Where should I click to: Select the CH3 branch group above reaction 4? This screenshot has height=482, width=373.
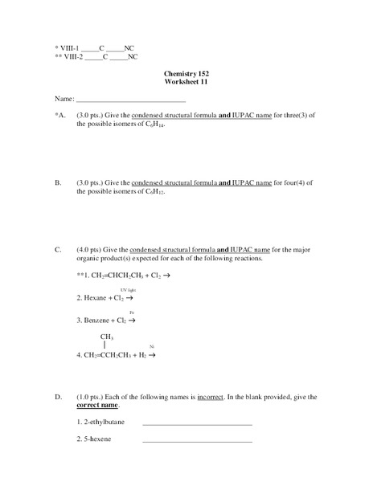click(107, 337)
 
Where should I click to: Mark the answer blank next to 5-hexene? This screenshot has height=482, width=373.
click(197, 441)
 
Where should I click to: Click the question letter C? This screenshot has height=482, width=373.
click(58, 249)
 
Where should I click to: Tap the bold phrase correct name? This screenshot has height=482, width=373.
click(101, 406)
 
